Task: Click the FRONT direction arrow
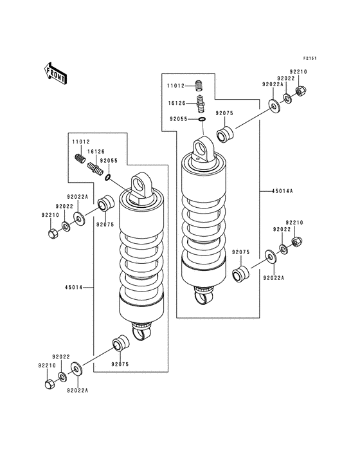(56, 73)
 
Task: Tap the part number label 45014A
(281, 191)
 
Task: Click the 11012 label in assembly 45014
(80, 141)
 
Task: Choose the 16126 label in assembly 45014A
(178, 102)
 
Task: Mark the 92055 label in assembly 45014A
(179, 119)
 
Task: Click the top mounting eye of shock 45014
(141, 183)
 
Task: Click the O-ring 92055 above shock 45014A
(201, 119)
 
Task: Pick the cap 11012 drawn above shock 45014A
(199, 84)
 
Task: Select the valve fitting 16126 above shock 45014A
(200, 102)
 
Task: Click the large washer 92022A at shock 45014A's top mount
(273, 106)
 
